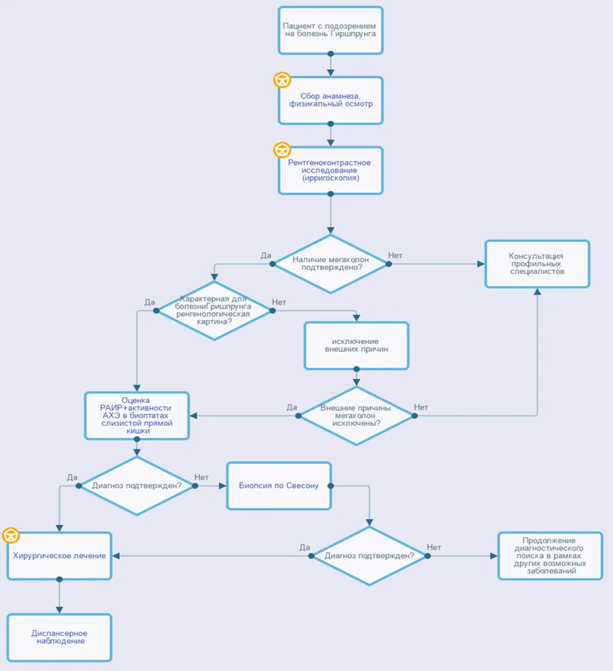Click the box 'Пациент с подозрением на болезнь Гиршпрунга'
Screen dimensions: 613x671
click(330, 30)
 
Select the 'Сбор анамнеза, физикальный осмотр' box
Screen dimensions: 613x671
click(330, 101)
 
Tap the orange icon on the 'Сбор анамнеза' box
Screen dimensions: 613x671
click(282, 80)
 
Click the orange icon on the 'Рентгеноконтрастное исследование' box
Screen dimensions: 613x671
click(282, 150)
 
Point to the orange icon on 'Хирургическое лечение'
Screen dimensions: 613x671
click(11, 535)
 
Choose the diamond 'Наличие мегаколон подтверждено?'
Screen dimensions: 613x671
click(330, 264)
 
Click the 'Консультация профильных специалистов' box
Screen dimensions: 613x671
click(537, 264)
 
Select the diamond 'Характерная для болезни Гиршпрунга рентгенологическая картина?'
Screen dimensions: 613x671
click(214, 311)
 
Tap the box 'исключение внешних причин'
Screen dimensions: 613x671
click(356, 346)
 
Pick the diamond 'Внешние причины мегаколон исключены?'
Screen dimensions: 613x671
click(356, 416)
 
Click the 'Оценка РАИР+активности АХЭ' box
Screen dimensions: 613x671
click(137, 416)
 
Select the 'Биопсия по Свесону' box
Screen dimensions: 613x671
click(279, 485)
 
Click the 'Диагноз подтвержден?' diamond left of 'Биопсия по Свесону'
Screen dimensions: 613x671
click(137, 485)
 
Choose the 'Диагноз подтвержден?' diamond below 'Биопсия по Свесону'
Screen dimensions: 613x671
click(369, 556)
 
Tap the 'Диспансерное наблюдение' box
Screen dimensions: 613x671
click(60, 638)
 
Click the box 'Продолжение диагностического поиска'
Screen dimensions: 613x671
click(550, 556)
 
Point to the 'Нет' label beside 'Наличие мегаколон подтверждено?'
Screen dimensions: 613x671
click(395, 256)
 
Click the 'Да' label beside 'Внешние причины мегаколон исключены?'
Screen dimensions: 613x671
click(292, 408)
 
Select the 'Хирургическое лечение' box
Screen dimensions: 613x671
click(60, 556)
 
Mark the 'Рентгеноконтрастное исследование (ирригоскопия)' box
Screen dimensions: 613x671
click(330, 171)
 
